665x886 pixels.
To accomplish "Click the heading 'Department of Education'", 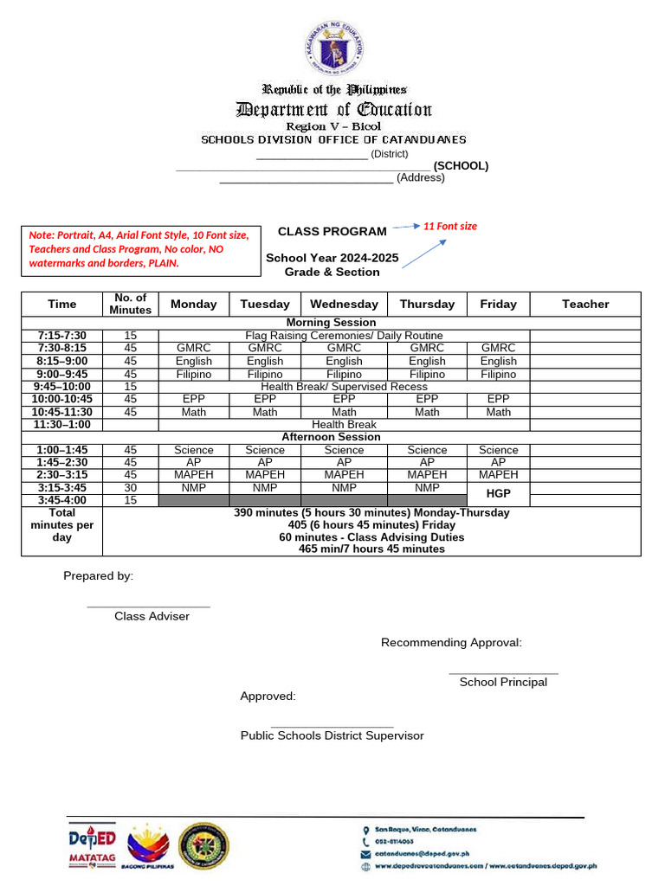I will coord(333,109).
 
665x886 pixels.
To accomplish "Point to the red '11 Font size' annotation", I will coord(449,227).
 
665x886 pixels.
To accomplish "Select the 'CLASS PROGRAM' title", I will coord(332,232).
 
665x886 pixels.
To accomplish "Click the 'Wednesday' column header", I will coord(344,304).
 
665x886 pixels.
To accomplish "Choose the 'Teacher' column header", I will coord(585,304).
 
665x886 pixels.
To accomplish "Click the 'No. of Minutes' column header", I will coord(130,304).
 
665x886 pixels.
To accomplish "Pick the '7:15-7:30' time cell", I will coord(61,335).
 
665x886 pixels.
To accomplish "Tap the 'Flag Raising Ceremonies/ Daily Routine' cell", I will coord(344,335).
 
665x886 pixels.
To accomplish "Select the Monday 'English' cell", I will coord(194,361).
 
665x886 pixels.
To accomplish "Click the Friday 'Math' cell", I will coord(498,412).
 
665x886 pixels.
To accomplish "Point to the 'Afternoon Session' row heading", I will coord(331,437).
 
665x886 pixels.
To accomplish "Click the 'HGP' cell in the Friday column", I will coord(498,493).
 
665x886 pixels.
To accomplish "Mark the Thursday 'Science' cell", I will coord(427,450).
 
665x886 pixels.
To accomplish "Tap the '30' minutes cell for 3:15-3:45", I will coord(130,487).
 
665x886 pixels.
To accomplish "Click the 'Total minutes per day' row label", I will coord(61,525).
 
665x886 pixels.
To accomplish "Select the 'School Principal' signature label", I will coord(503,682).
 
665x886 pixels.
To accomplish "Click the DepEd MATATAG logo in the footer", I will coord(93,847).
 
